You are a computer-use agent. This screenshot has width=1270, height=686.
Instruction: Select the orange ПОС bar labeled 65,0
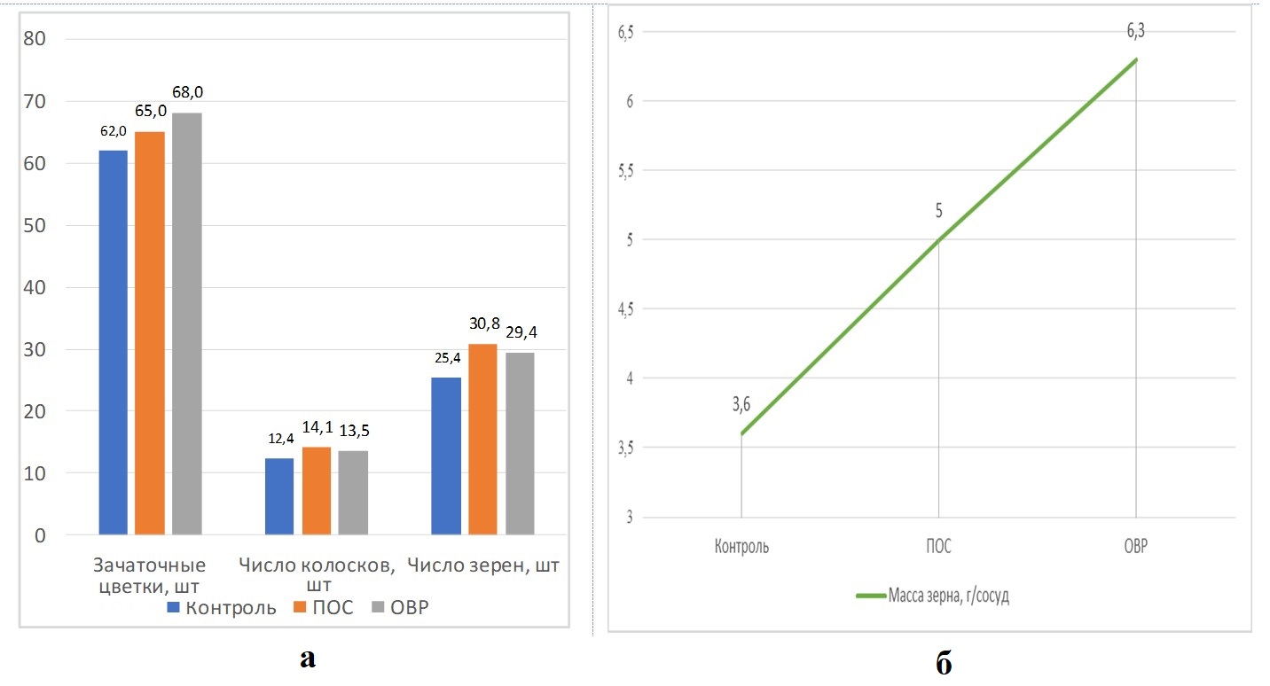[150, 332]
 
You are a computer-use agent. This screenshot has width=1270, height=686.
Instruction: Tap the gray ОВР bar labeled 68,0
[187, 324]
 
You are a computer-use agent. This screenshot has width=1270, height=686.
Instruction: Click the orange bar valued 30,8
[482, 439]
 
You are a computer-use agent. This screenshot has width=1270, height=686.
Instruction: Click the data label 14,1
[317, 428]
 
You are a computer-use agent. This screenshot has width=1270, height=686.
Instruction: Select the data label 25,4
[446, 360]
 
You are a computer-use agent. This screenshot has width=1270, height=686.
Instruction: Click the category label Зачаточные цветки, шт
[150, 575]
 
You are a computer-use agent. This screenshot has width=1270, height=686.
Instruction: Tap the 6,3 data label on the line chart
[1136, 32]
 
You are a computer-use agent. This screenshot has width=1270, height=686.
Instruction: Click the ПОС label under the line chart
[938, 546]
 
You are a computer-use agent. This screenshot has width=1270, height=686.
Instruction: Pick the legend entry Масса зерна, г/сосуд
[933, 596]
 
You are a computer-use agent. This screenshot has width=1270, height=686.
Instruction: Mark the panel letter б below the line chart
[944, 663]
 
